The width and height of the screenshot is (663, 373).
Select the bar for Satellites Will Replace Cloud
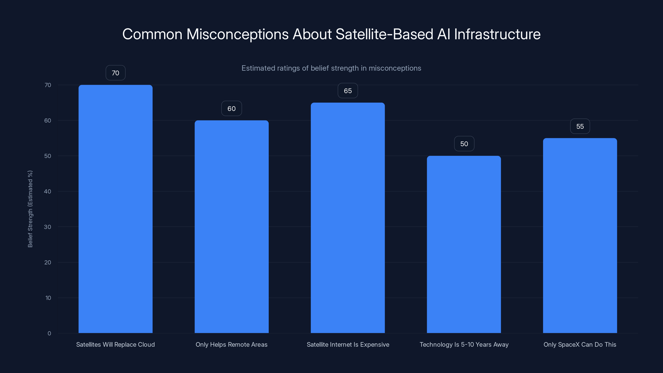point(115,209)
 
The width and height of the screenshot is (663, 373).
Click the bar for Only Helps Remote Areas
point(231,226)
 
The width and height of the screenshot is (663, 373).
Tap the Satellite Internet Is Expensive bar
point(348,218)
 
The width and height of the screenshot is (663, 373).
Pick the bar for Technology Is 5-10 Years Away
point(464,244)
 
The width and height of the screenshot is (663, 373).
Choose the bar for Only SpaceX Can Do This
point(580,236)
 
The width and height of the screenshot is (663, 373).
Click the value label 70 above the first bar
point(115,73)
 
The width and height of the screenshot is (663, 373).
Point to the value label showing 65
point(348,91)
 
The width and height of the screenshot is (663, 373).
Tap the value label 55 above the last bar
point(580,126)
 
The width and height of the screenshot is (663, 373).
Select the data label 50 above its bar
point(464,144)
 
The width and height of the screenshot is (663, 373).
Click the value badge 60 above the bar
point(231,108)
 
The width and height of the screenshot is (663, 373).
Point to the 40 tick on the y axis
point(48,191)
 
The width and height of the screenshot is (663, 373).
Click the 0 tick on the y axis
point(49,333)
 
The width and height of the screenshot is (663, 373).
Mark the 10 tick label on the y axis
point(48,298)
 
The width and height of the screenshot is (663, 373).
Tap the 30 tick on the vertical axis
point(48,227)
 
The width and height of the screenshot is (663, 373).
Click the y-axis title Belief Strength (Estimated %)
point(30,209)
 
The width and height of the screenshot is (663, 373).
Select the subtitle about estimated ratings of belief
point(331,68)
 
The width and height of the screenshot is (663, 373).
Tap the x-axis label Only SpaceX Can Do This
point(580,344)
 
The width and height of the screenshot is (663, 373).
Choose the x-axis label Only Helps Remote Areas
point(231,344)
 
